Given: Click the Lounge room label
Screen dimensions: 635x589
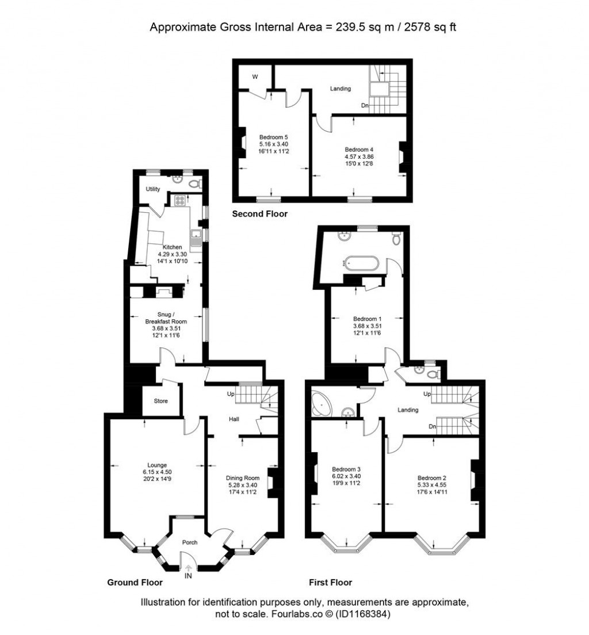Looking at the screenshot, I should click(x=157, y=465).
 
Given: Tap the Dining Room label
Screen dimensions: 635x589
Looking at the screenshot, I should click(x=242, y=478).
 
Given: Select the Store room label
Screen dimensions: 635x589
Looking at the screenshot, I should click(x=161, y=401).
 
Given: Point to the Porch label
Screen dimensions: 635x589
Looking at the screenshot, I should click(x=190, y=542).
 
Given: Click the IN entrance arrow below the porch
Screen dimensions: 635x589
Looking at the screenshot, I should click(x=188, y=568).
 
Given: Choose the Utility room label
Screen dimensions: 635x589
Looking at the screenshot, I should click(x=152, y=189).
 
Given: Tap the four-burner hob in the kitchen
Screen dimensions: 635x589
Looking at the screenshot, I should click(x=179, y=201).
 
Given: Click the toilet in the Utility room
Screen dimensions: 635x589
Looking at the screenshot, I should click(x=196, y=183).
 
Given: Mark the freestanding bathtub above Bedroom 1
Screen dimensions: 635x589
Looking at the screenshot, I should click(x=360, y=263).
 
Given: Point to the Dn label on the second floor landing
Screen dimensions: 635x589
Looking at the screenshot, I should click(x=365, y=105).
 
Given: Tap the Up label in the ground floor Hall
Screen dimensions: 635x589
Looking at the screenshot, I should click(x=231, y=395).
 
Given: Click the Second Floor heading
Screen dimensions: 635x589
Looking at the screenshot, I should click(x=259, y=214).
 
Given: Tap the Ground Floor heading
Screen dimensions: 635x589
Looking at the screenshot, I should click(x=135, y=582).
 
